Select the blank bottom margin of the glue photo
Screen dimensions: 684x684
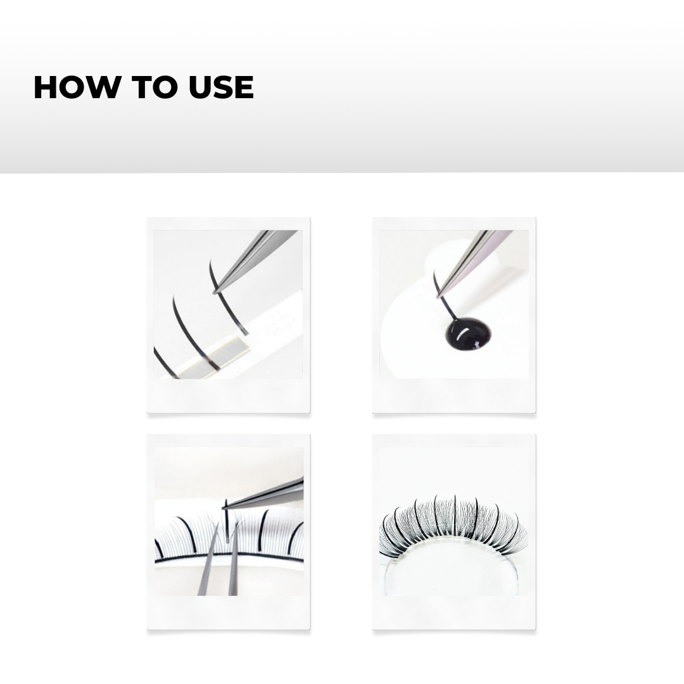coord(453,395)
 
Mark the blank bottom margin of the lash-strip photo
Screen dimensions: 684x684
coord(228,395)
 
